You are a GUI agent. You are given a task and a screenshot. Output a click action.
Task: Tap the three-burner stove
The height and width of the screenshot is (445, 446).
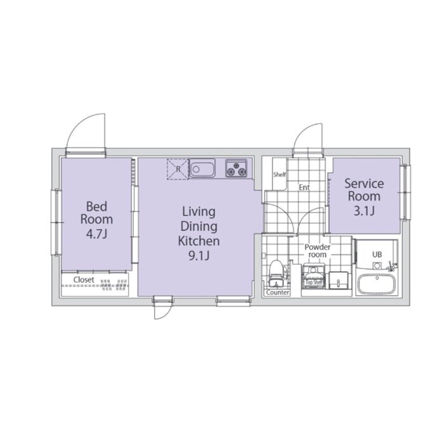236,168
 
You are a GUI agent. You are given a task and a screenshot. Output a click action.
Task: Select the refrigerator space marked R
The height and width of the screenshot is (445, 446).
178,169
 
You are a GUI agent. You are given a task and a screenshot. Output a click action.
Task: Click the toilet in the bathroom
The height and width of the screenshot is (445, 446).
275,274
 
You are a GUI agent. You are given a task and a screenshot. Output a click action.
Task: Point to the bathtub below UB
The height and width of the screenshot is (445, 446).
377,285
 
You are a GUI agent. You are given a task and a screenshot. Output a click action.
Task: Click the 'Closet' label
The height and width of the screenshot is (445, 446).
84,280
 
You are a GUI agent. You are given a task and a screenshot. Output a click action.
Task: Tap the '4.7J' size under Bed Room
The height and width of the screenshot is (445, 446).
96,234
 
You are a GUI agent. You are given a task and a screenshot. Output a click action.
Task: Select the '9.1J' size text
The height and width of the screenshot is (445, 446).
199,256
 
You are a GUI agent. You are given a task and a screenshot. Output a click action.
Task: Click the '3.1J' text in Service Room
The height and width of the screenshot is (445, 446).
364,211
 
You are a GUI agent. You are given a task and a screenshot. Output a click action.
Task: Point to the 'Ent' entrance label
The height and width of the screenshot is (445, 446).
304,187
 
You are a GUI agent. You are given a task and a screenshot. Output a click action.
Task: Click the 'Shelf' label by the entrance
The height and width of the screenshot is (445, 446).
280,174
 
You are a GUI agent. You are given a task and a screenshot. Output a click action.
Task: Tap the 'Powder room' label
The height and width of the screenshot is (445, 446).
317,251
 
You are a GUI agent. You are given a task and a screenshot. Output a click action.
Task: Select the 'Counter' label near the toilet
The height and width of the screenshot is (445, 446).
278,293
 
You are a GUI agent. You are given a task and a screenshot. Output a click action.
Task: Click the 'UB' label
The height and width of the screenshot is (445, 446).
377,255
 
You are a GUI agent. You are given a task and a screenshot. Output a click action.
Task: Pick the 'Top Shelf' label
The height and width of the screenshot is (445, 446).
314,282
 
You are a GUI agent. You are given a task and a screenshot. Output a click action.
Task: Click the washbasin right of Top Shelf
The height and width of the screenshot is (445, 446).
339,281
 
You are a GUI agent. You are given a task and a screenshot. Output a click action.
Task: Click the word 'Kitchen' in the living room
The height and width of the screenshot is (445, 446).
199,241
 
